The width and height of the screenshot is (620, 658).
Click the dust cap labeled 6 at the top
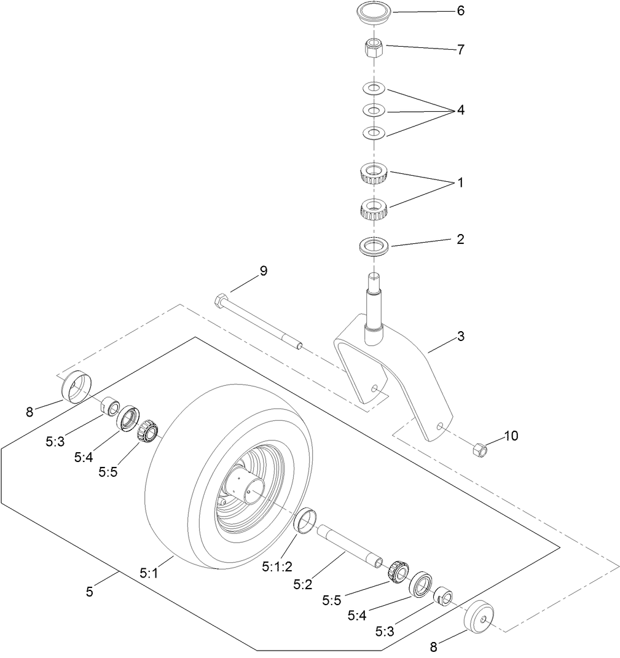coord(374,14)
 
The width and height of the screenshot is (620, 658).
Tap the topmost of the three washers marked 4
coord(374,88)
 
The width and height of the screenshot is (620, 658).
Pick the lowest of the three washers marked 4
coord(374,132)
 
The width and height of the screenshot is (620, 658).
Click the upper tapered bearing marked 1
coord(374,173)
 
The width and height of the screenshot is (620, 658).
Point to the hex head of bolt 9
coord(221,302)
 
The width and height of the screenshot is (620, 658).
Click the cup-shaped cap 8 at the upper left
coord(76,386)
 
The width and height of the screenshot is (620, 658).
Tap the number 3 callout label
coord(460,337)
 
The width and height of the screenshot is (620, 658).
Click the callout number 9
coord(264,271)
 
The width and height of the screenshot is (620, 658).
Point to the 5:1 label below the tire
coord(149,573)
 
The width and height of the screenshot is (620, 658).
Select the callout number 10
coord(511,436)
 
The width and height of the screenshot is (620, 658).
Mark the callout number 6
coord(460,11)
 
